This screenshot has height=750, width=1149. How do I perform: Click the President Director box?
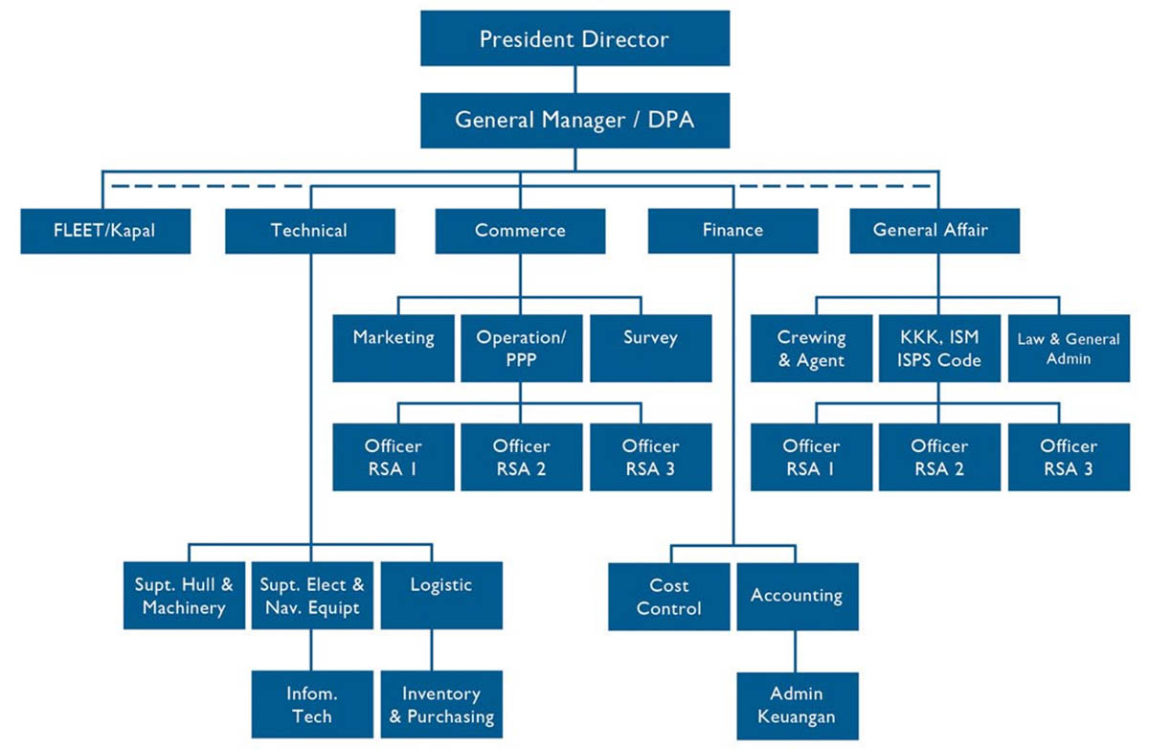pyautogui.click(x=574, y=39)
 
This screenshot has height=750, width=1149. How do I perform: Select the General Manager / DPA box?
pyautogui.click(x=574, y=121)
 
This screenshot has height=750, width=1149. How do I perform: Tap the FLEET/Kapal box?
pyautogui.click(x=105, y=231)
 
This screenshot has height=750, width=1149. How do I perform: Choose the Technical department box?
pyautogui.click(x=309, y=231)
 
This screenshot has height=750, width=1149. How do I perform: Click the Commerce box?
pyautogui.click(x=520, y=231)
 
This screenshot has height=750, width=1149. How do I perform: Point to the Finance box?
pyautogui.click(x=732, y=231)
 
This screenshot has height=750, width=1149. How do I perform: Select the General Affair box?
pyautogui.click(x=934, y=231)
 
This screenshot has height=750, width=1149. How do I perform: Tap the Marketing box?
pyautogui.click(x=394, y=349)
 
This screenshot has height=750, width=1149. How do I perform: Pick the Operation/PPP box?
pyautogui.click(x=522, y=349)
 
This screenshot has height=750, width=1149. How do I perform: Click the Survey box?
pyautogui.click(x=650, y=349)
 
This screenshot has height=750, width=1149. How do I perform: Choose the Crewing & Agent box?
pyautogui.click(x=811, y=349)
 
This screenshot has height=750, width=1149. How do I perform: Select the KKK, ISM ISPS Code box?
pyautogui.click(x=939, y=349)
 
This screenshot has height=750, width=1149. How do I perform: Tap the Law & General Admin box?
pyautogui.click(x=1069, y=349)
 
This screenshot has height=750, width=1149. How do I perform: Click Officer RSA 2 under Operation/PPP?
pyautogui.click(x=522, y=457)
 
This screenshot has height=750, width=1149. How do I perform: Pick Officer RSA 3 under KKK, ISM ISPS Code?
pyautogui.click(x=1069, y=457)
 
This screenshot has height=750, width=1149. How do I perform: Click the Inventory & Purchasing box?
pyautogui.click(x=441, y=704)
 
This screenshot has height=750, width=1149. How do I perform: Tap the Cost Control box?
pyautogui.click(x=668, y=596)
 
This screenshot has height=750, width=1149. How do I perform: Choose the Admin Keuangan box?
pyautogui.click(x=797, y=704)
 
